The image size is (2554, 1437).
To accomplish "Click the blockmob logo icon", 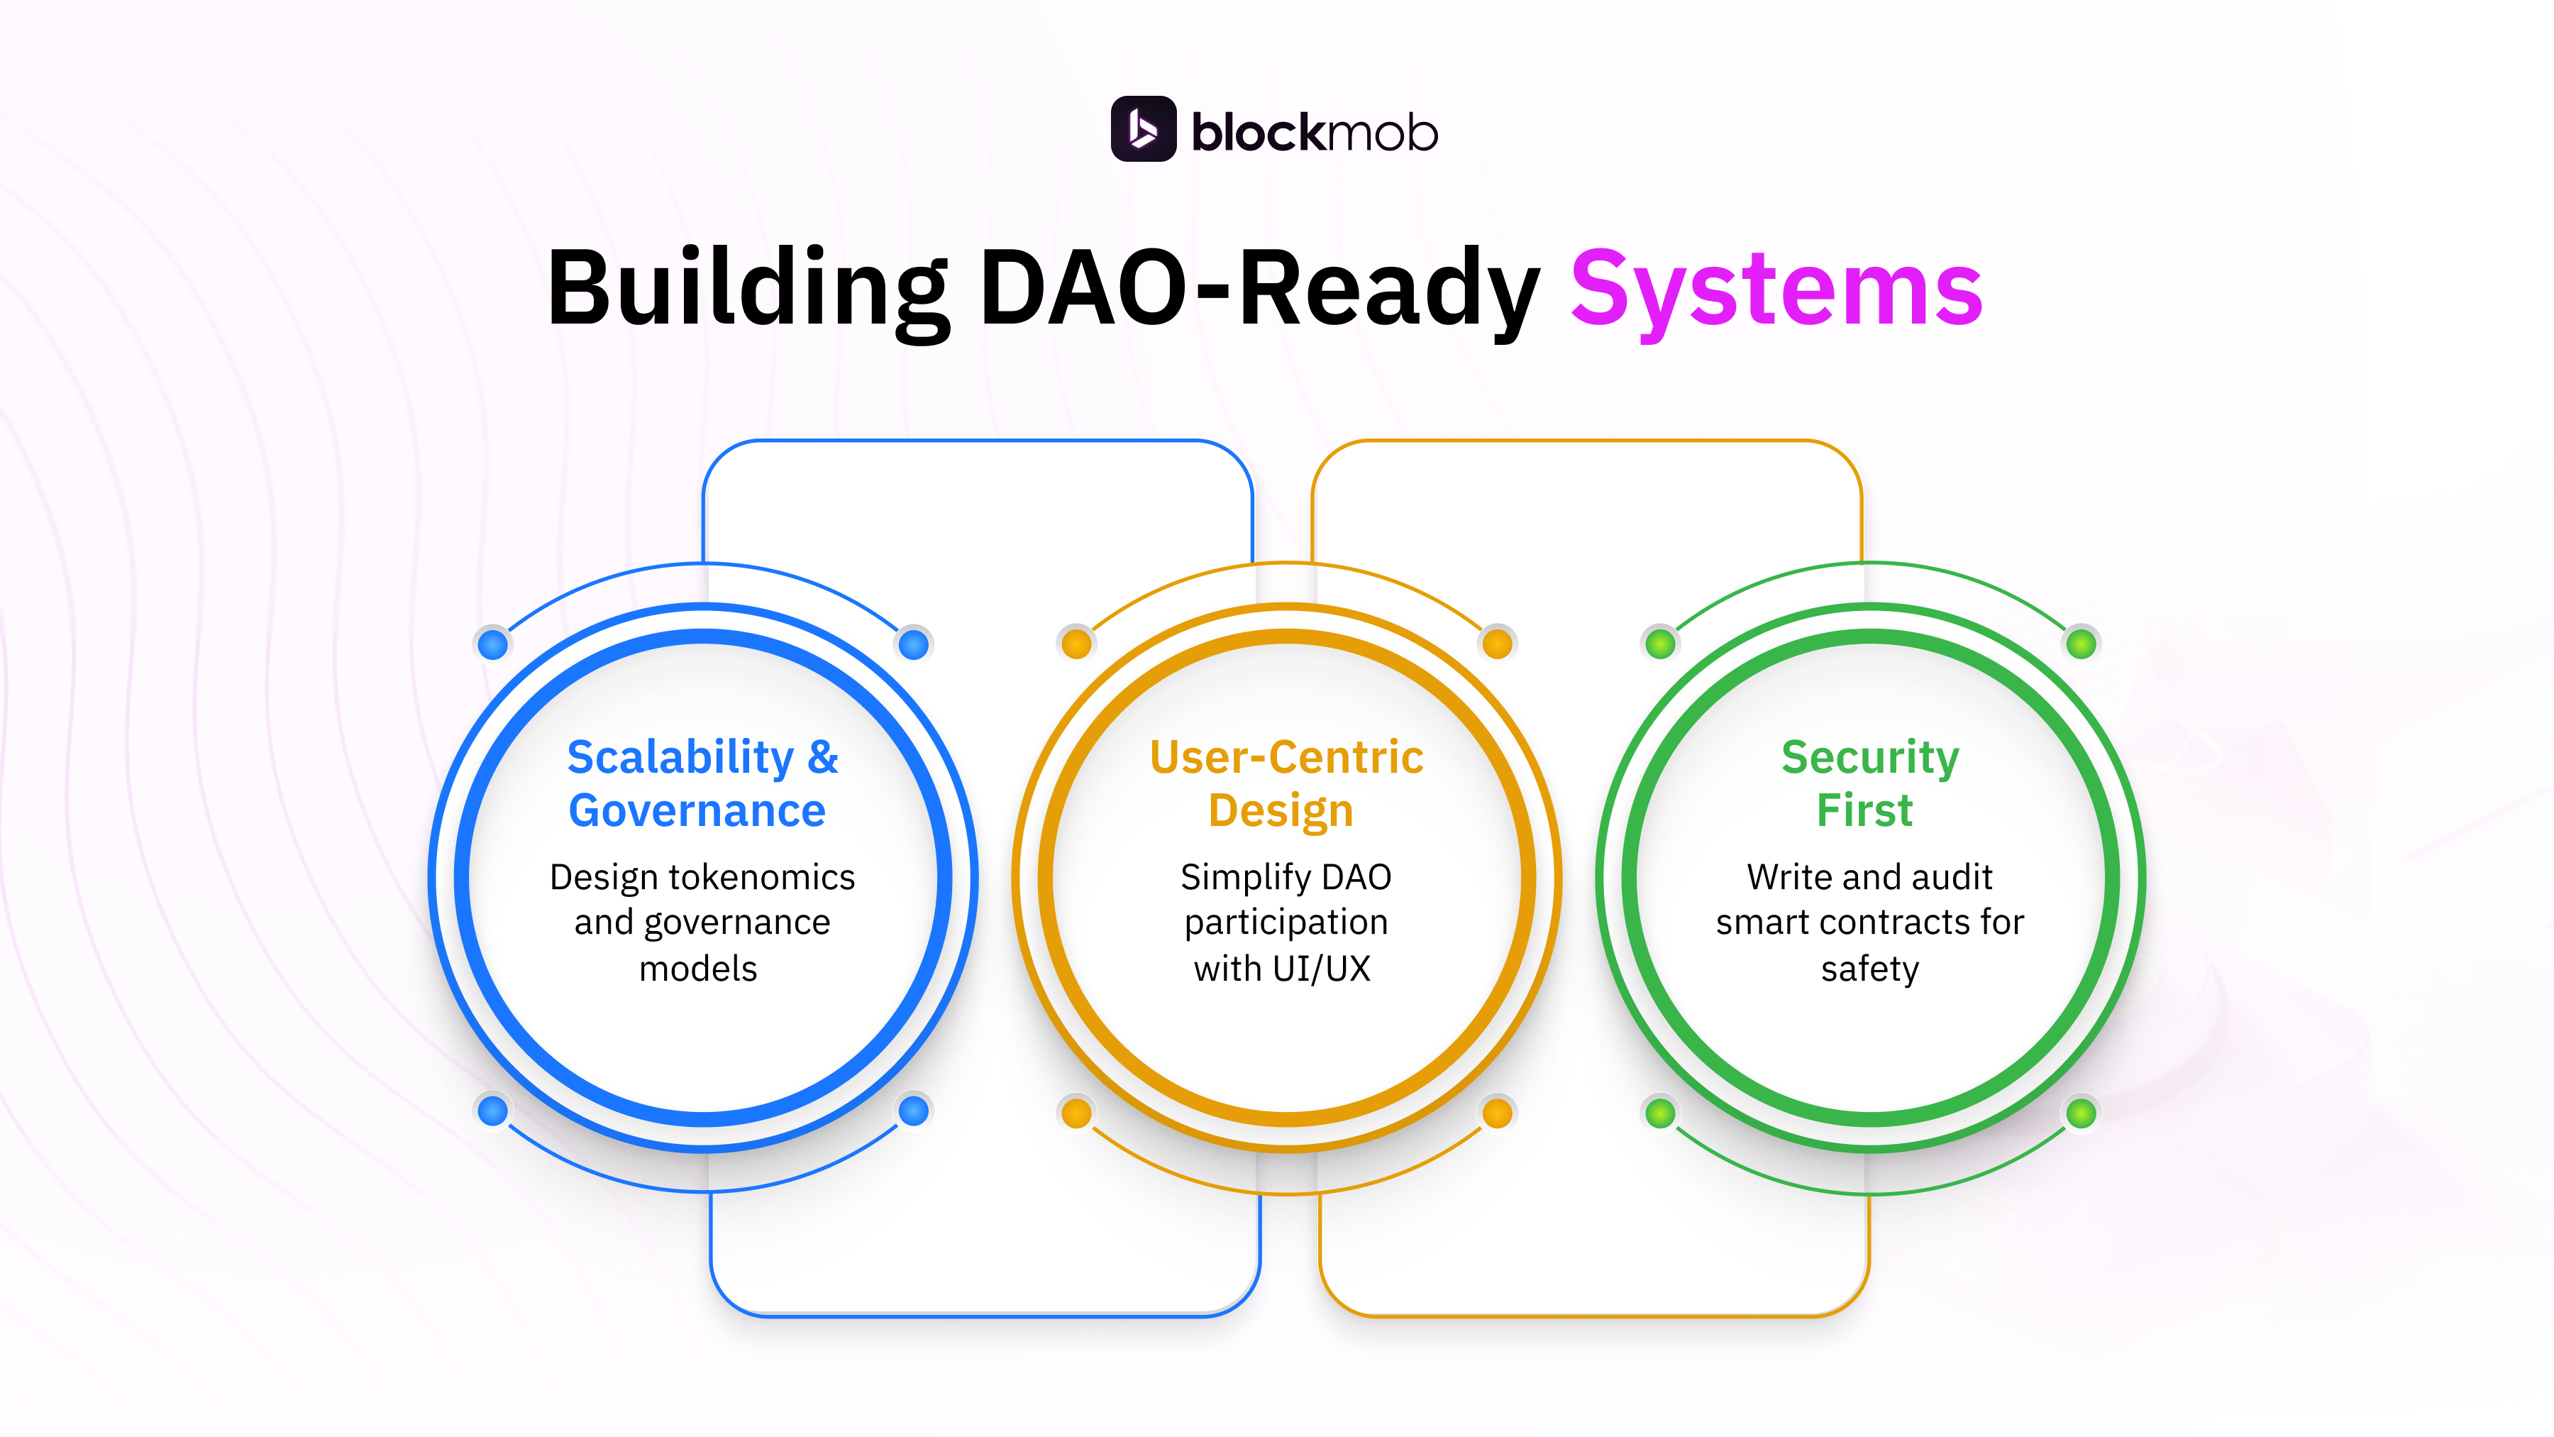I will tap(1143, 129).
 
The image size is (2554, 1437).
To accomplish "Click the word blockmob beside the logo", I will tap(1314, 133).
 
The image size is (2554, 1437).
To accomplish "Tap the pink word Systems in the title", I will tap(1776, 289).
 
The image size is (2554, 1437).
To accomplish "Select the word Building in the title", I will tap(748, 289).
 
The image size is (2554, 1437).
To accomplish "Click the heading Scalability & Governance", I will tap(702, 783).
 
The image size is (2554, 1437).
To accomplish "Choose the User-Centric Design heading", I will tap(1286, 783).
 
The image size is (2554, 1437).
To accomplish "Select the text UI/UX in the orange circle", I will tap(1322, 968).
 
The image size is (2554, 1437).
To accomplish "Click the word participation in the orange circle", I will tap(1286, 923).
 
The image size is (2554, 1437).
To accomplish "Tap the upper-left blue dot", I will tap(493, 644).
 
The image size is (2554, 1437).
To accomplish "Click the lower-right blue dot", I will tap(913, 1111).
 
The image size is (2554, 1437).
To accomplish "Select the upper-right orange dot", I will tap(1497, 644).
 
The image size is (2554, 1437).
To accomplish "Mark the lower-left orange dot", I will tap(1077, 1113).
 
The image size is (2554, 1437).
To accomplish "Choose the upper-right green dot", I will tap(2081, 644).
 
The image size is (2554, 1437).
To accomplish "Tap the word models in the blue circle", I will tap(698, 968).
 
